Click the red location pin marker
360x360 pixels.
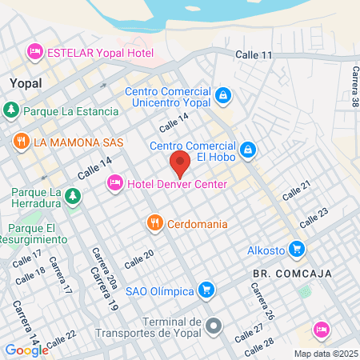click(180, 163)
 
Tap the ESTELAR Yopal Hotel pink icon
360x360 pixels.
click(34, 52)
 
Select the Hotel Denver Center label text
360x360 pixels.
click(177, 185)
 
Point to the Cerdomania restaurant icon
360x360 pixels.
click(155, 223)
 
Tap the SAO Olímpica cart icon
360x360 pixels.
click(206, 289)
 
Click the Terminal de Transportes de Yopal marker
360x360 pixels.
click(214, 326)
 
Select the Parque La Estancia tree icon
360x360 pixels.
click(10, 110)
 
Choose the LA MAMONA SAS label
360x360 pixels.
click(78, 142)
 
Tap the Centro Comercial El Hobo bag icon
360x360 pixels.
click(249, 150)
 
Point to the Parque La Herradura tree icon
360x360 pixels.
click(73, 196)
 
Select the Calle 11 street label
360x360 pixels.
click(254, 54)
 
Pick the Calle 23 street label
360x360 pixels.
click(314, 217)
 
